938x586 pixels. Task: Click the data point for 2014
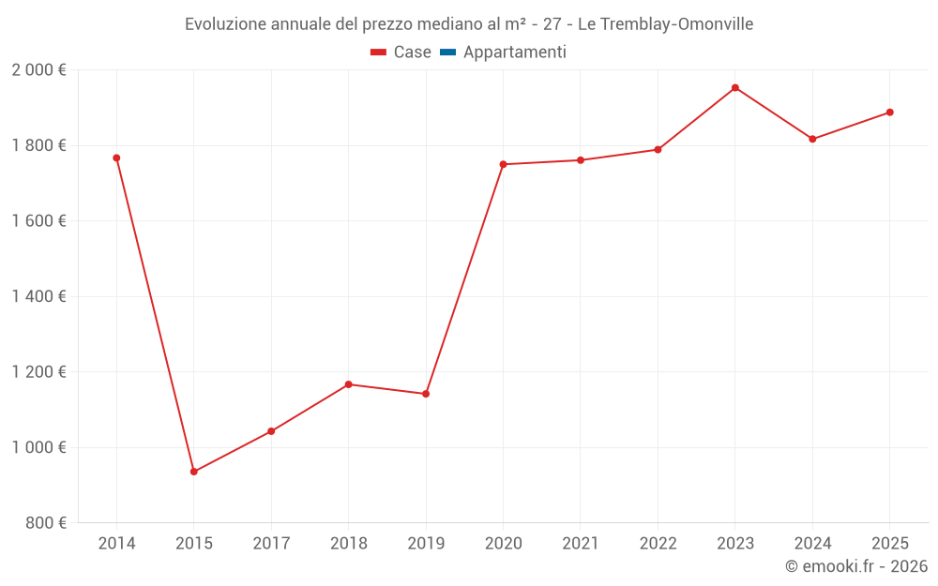(x=116, y=158)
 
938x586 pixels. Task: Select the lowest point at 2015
(x=194, y=472)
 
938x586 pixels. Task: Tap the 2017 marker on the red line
(x=271, y=431)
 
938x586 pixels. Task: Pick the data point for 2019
(x=426, y=394)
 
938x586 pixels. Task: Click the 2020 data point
(x=503, y=164)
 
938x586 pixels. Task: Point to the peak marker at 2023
(x=735, y=88)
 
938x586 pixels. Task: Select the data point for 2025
(x=890, y=113)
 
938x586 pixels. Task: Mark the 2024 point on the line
(x=812, y=139)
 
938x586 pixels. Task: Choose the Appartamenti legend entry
(x=514, y=53)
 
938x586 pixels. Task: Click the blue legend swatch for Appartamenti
(x=447, y=53)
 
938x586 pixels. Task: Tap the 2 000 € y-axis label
(x=38, y=70)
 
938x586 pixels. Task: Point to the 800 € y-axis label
(x=45, y=523)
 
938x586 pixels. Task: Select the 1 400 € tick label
(x=38, y=297)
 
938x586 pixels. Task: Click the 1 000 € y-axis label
(x=38, y=447)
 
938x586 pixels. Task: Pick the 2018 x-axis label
(x=348, y=544)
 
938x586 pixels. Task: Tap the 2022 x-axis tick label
(x=658, y=544)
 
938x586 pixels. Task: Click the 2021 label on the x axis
(x=581, y=544)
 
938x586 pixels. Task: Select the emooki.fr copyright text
(x=856, y=566)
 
